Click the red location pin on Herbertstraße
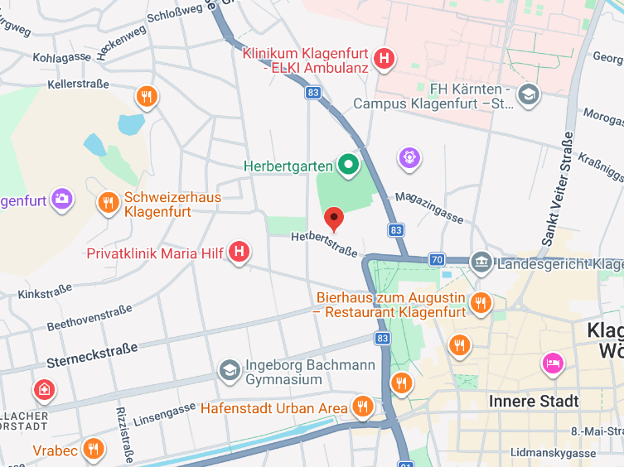tap(334, 219)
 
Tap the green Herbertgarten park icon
tap(349, 166)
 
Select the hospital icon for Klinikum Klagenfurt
tap(385, 59)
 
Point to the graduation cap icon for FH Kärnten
tap(528, 95)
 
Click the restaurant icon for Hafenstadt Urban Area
tap(361, 407)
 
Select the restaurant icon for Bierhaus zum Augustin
tap(480, 304)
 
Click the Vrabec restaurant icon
tap(94, 450)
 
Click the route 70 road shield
tap(437, 260)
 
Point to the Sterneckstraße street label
tap(92, 355)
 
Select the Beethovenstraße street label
tap(89, 319)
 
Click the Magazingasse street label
tap(428, 205)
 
